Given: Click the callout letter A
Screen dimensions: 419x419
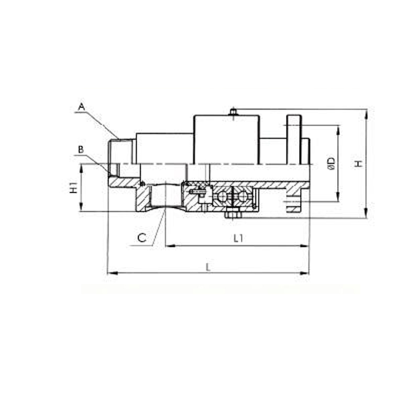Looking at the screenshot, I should click(81, 107).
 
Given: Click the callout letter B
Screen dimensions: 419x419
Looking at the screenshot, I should click(81, 150).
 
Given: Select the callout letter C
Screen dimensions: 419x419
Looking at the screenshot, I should click(142, 237).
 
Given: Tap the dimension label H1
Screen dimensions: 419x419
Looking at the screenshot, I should click(74, 188).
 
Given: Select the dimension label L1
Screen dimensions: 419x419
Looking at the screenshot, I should click(238, 238).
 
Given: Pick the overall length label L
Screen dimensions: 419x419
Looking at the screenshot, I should click(208, 267).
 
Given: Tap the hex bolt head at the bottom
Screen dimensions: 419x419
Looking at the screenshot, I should click(231, 213).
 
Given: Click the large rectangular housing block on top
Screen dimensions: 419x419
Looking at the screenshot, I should click(226, 139).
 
